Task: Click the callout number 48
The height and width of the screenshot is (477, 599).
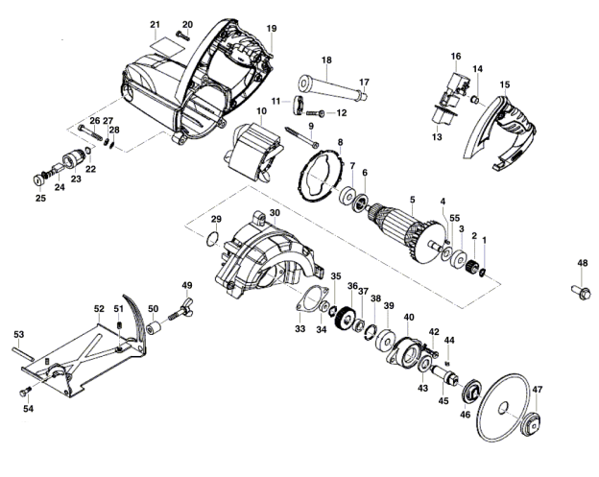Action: coord(582,263)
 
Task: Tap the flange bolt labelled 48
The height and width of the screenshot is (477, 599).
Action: coord(581,292)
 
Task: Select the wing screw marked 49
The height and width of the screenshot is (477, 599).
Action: coord(180,312)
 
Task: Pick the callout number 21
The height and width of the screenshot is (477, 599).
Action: coord(155,25)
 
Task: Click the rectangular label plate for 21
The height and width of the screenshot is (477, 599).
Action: coord(167,47)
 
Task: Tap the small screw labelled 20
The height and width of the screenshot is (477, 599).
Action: coord(183,36)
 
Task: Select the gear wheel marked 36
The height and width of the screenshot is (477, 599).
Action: coord(346,318)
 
